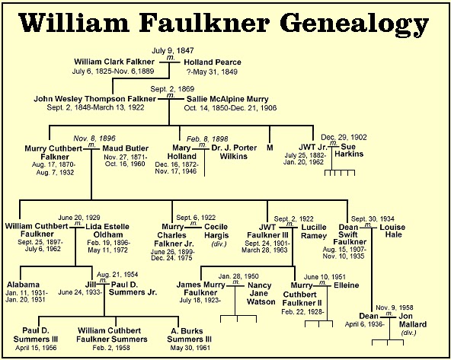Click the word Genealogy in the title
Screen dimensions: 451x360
click(354, 24)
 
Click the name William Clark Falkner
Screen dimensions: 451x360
click(114, 62)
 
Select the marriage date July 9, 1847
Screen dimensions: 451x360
click(173, 50)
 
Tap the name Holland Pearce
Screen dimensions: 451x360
click(213, 62)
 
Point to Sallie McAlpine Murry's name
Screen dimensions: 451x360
click(228, 99)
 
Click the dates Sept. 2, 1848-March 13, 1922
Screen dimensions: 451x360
click(95, 108)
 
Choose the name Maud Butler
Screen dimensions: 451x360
click(126, 148)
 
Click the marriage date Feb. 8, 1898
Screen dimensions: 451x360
click(207, 139)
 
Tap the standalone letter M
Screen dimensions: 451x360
click(270, 148)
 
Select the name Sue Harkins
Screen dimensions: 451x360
click(349, 150)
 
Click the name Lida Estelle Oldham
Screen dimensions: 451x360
click(107, 231)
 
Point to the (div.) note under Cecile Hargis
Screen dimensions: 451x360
click(219, 244)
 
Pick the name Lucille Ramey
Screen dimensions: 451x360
click(314, 231)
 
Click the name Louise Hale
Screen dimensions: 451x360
click(392, 231)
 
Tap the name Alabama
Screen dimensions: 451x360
click(23, 285)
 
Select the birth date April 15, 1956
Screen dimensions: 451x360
click(36, 348)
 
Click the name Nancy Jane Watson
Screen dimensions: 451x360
click(261, 293)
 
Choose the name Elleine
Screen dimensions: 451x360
click(347, 285)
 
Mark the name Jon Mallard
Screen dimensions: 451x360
click(413, 320)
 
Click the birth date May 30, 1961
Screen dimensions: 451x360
click(190, 348)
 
